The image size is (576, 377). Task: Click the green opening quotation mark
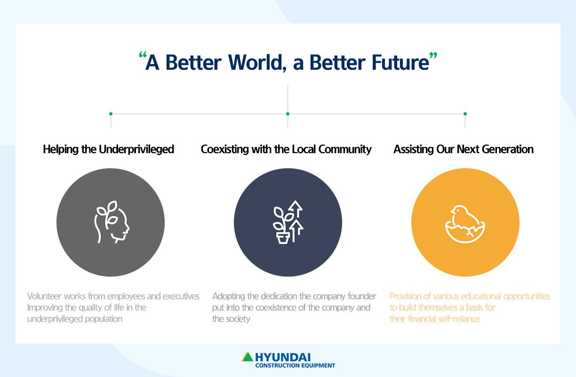(143, 55)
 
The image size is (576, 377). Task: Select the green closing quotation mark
(433, 55)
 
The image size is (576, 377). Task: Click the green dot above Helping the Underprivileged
(111, 114)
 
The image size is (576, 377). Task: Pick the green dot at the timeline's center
(288, 114)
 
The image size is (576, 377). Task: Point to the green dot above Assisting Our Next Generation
(465, 114)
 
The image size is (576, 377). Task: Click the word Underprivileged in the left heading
(136, 149)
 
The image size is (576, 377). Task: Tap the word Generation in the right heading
(507, 149)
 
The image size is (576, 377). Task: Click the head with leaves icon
(112, 222)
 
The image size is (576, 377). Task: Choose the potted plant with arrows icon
(288, 222)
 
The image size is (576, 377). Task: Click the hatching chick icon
(465, 224)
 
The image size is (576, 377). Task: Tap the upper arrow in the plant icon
(296, 208)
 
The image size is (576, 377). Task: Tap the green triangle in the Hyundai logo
(248, 357)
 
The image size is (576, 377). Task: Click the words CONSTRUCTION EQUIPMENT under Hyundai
(295, 365)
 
